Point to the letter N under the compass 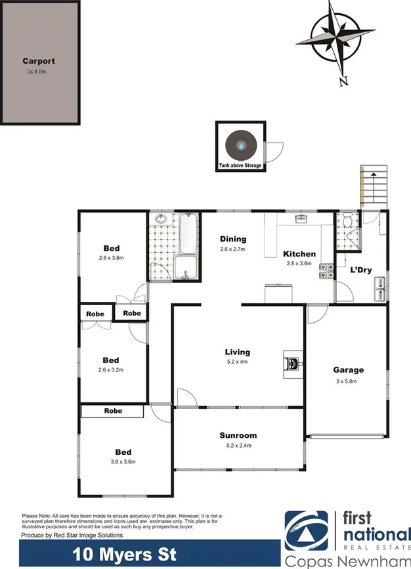pos(343,81)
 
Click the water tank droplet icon pos(242,145)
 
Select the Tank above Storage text pos(241,166)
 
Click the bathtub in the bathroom pos(188,235)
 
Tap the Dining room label pos(233,240)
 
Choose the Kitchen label pos(299,254)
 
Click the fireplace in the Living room pos(292,360)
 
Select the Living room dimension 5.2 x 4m pos(238,362)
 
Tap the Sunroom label pos(238,435)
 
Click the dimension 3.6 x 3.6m pos(123,462)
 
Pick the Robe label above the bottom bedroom pos(112,411)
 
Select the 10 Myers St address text pos(124,554)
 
